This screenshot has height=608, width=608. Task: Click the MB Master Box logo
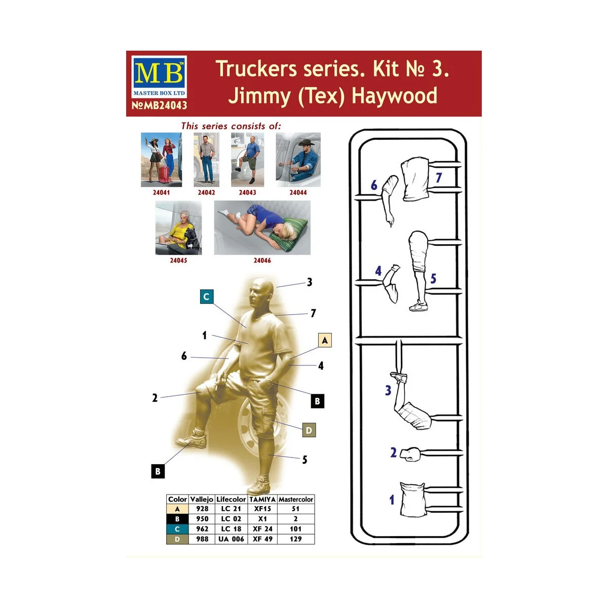(159, 77)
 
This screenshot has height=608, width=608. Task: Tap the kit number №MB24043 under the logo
(159, 105)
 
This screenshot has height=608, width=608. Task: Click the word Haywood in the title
(394, 96)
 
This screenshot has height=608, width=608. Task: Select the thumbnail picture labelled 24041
(161, 160)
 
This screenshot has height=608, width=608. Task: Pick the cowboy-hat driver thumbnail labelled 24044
(298, 160)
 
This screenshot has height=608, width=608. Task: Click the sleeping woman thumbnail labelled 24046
(262, 227)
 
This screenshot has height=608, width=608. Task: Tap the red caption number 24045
(178, 260)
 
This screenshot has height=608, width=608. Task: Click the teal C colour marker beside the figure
(207, 296)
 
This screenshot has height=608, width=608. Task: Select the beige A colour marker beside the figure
(325, 340)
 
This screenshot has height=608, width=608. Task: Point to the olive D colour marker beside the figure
(309, 430)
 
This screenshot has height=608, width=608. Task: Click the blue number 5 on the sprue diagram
(433, 278)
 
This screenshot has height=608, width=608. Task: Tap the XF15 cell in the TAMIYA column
(262, 509)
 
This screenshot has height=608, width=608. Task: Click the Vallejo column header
(201, 499)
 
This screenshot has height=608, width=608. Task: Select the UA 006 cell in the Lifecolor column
(231, 539)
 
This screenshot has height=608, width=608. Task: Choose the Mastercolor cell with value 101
(295, 529)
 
